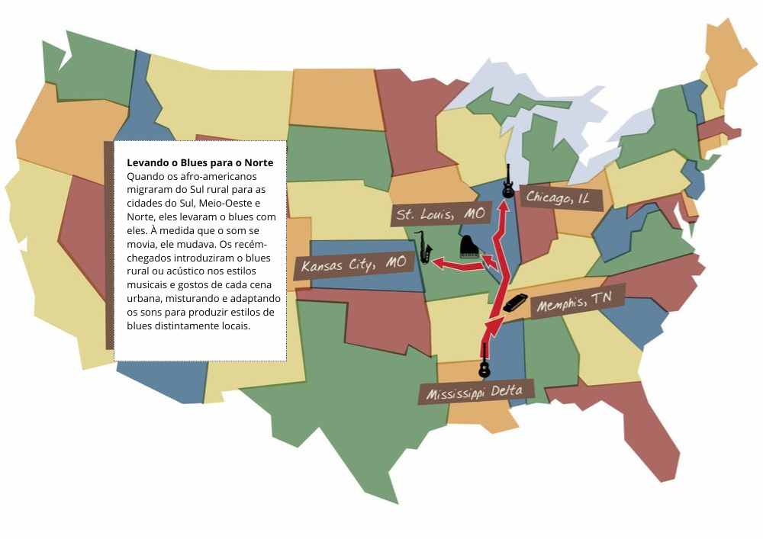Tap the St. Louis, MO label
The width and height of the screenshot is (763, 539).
pyautogui.click(x=441, y=213)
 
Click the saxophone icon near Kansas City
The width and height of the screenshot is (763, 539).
pyautogui.click(x=423, y=247)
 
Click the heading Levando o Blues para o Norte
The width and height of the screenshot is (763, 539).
pyautogui.click(x=199, y=163)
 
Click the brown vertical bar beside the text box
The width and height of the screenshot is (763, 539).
pyautogui.click(x=108, y=244)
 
